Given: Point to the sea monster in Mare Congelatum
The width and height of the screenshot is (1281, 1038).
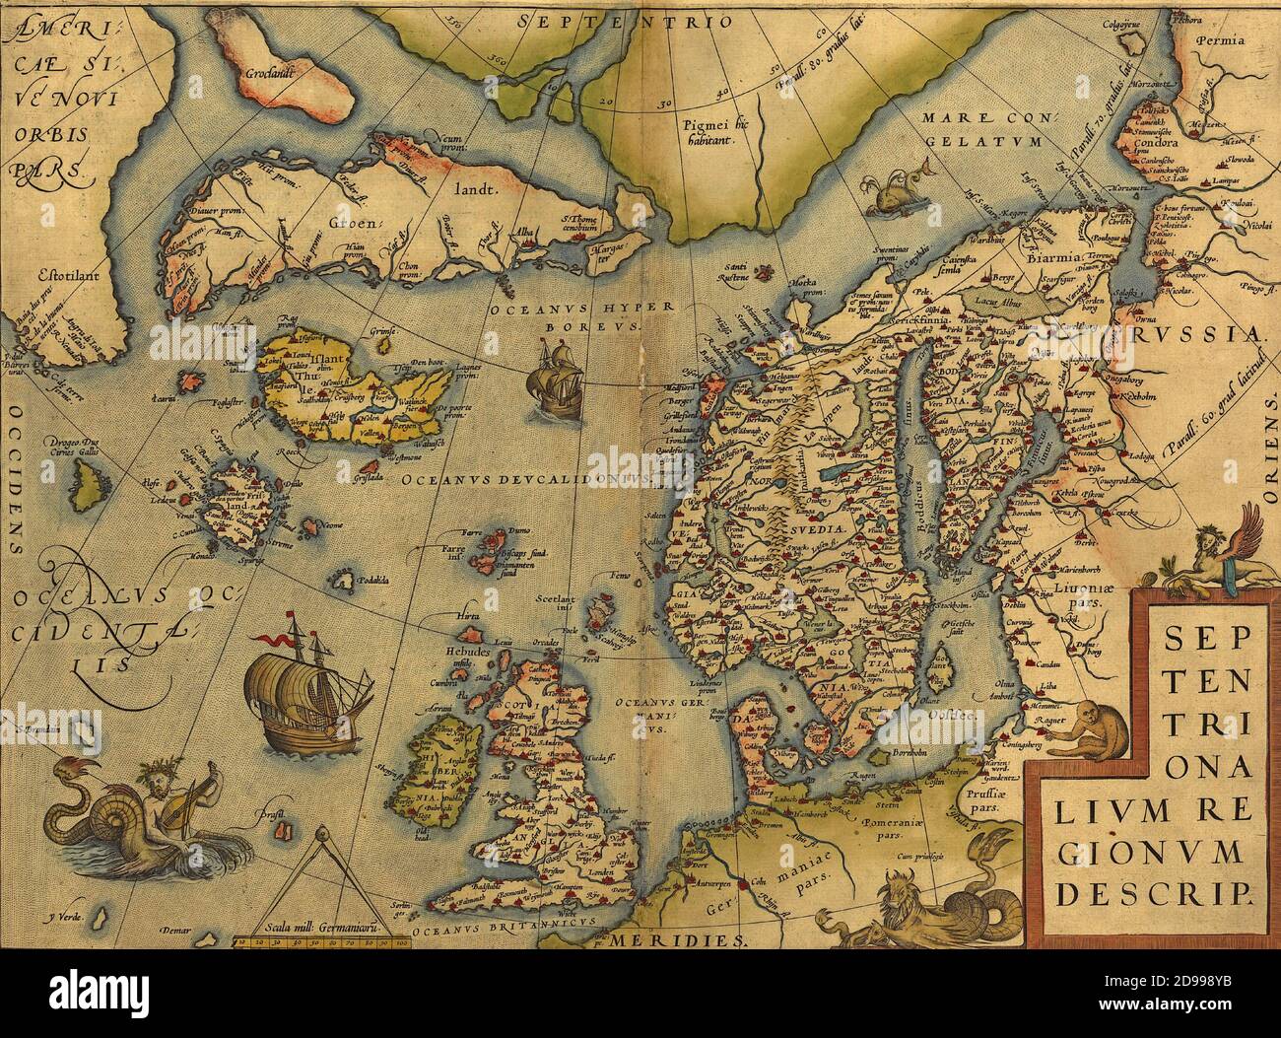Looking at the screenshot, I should (890, 193).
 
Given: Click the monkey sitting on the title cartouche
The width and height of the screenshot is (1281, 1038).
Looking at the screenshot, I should (1087, 726).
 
